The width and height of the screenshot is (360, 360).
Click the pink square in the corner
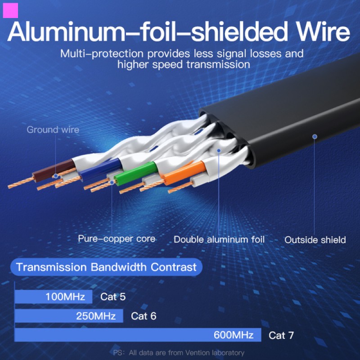(x=10, y=10)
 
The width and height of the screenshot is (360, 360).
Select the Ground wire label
(x=53, y=130)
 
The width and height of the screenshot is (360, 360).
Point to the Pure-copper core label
(x=117, y=238)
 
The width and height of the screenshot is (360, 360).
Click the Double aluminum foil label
(x=219, y=239)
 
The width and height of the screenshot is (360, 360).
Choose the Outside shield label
(x=315, y=239)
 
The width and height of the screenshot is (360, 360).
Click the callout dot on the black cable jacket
(x=315, y=136)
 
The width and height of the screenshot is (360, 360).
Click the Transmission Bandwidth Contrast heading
(x=106, y=267)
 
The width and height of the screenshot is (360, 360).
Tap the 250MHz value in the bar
(x=96, y=316)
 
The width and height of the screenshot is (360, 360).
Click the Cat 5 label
(x=113, y=297)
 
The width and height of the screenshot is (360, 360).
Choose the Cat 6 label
(x=144, y=316)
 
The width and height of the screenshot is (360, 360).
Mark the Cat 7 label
(x=281, y=335)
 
